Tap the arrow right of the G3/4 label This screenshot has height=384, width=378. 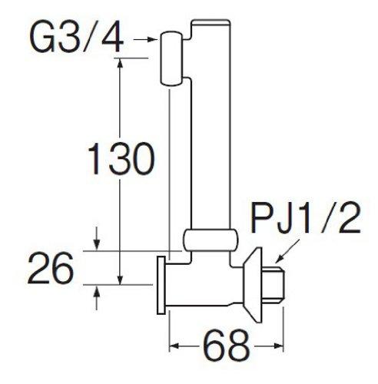(147, 35)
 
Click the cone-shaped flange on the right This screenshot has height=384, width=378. (254, 280)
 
